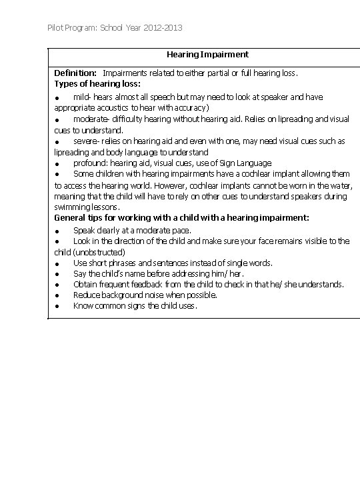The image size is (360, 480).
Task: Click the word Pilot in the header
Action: [56, 28]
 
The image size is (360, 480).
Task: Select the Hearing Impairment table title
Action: [207, 55]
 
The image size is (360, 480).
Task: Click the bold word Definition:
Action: [75, 73]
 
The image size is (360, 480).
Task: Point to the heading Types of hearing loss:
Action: [97, 84]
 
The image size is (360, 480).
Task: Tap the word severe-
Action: [86, 141]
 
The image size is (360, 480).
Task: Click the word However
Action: [174, 185]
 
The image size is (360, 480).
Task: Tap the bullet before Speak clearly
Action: [58, 231]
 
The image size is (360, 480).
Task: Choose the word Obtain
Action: [85, 285]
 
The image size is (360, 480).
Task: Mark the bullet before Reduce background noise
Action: [58, 295]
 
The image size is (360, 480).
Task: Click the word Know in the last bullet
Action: [83, 307]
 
